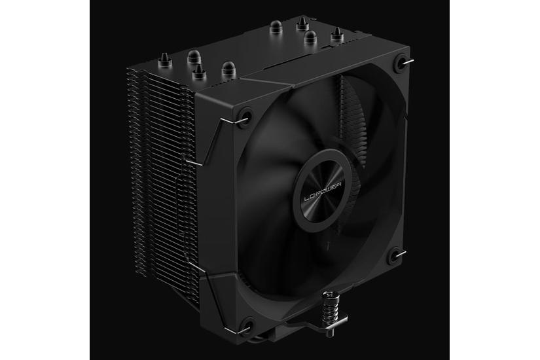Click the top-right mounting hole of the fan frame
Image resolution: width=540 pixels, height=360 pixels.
click(x=399, y=63)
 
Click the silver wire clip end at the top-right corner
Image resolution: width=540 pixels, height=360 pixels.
click(x=409, y=62)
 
